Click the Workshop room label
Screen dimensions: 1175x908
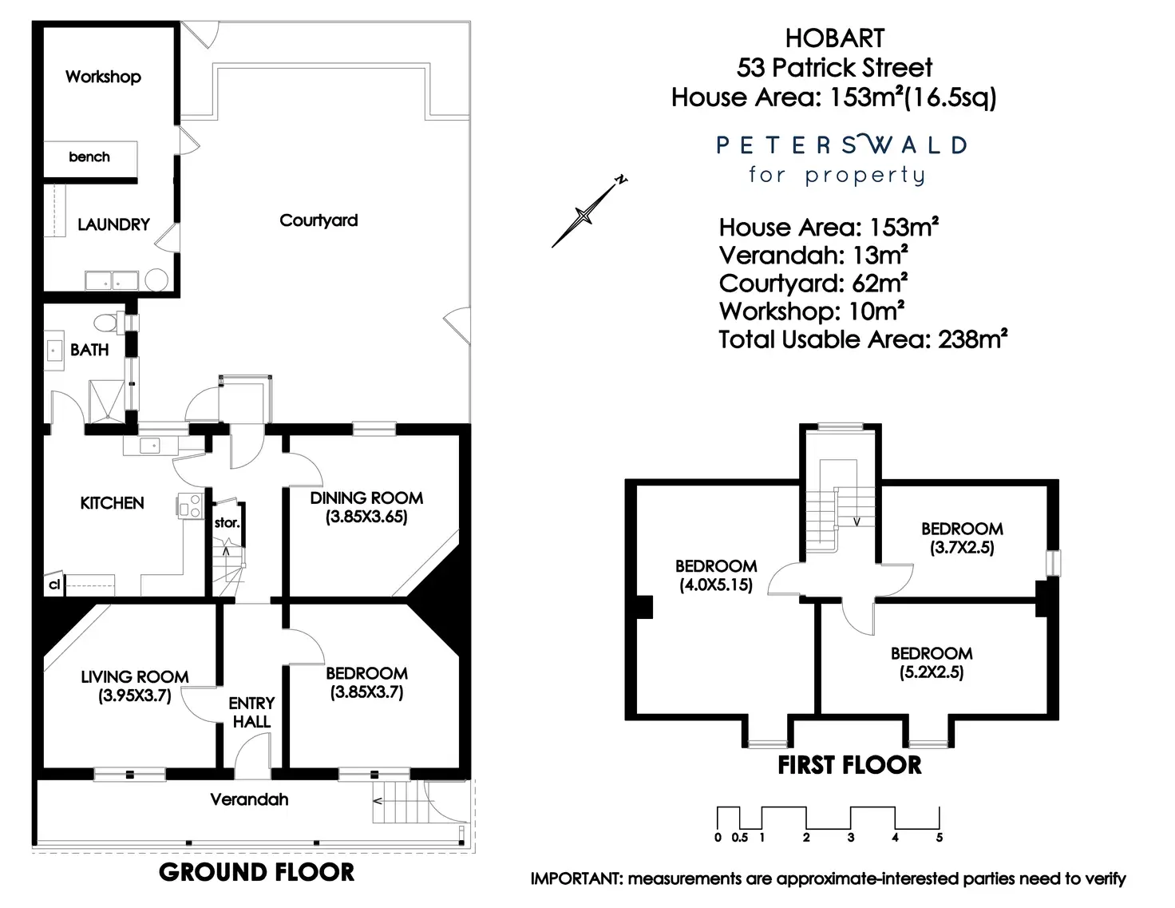point(103,77)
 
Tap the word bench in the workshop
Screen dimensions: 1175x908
point(89,157)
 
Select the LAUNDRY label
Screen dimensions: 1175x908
point(113,224)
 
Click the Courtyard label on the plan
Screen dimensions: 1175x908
point(318,220)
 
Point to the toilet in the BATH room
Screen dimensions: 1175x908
point(106,323)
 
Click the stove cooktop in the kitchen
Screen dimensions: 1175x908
point(191,506)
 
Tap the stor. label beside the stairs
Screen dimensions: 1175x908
point(227,523)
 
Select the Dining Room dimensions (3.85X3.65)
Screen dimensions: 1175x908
point(366,517)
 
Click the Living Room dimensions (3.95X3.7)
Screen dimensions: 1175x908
point(135,696)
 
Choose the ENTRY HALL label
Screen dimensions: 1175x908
point(251,712)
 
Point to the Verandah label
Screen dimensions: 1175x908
point(249,799)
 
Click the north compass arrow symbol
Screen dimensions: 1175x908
point(587,212)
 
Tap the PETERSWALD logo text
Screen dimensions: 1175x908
point(841,145)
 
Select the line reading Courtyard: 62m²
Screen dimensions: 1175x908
point(813,284)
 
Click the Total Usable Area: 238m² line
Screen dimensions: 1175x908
point(862,339)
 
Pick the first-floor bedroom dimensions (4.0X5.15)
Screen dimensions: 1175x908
point(716,585)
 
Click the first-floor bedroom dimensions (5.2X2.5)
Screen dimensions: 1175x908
point(932,672)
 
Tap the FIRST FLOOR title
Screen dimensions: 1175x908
point(849,765)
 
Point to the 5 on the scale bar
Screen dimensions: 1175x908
point(940,838)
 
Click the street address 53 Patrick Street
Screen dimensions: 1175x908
point(834,67)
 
